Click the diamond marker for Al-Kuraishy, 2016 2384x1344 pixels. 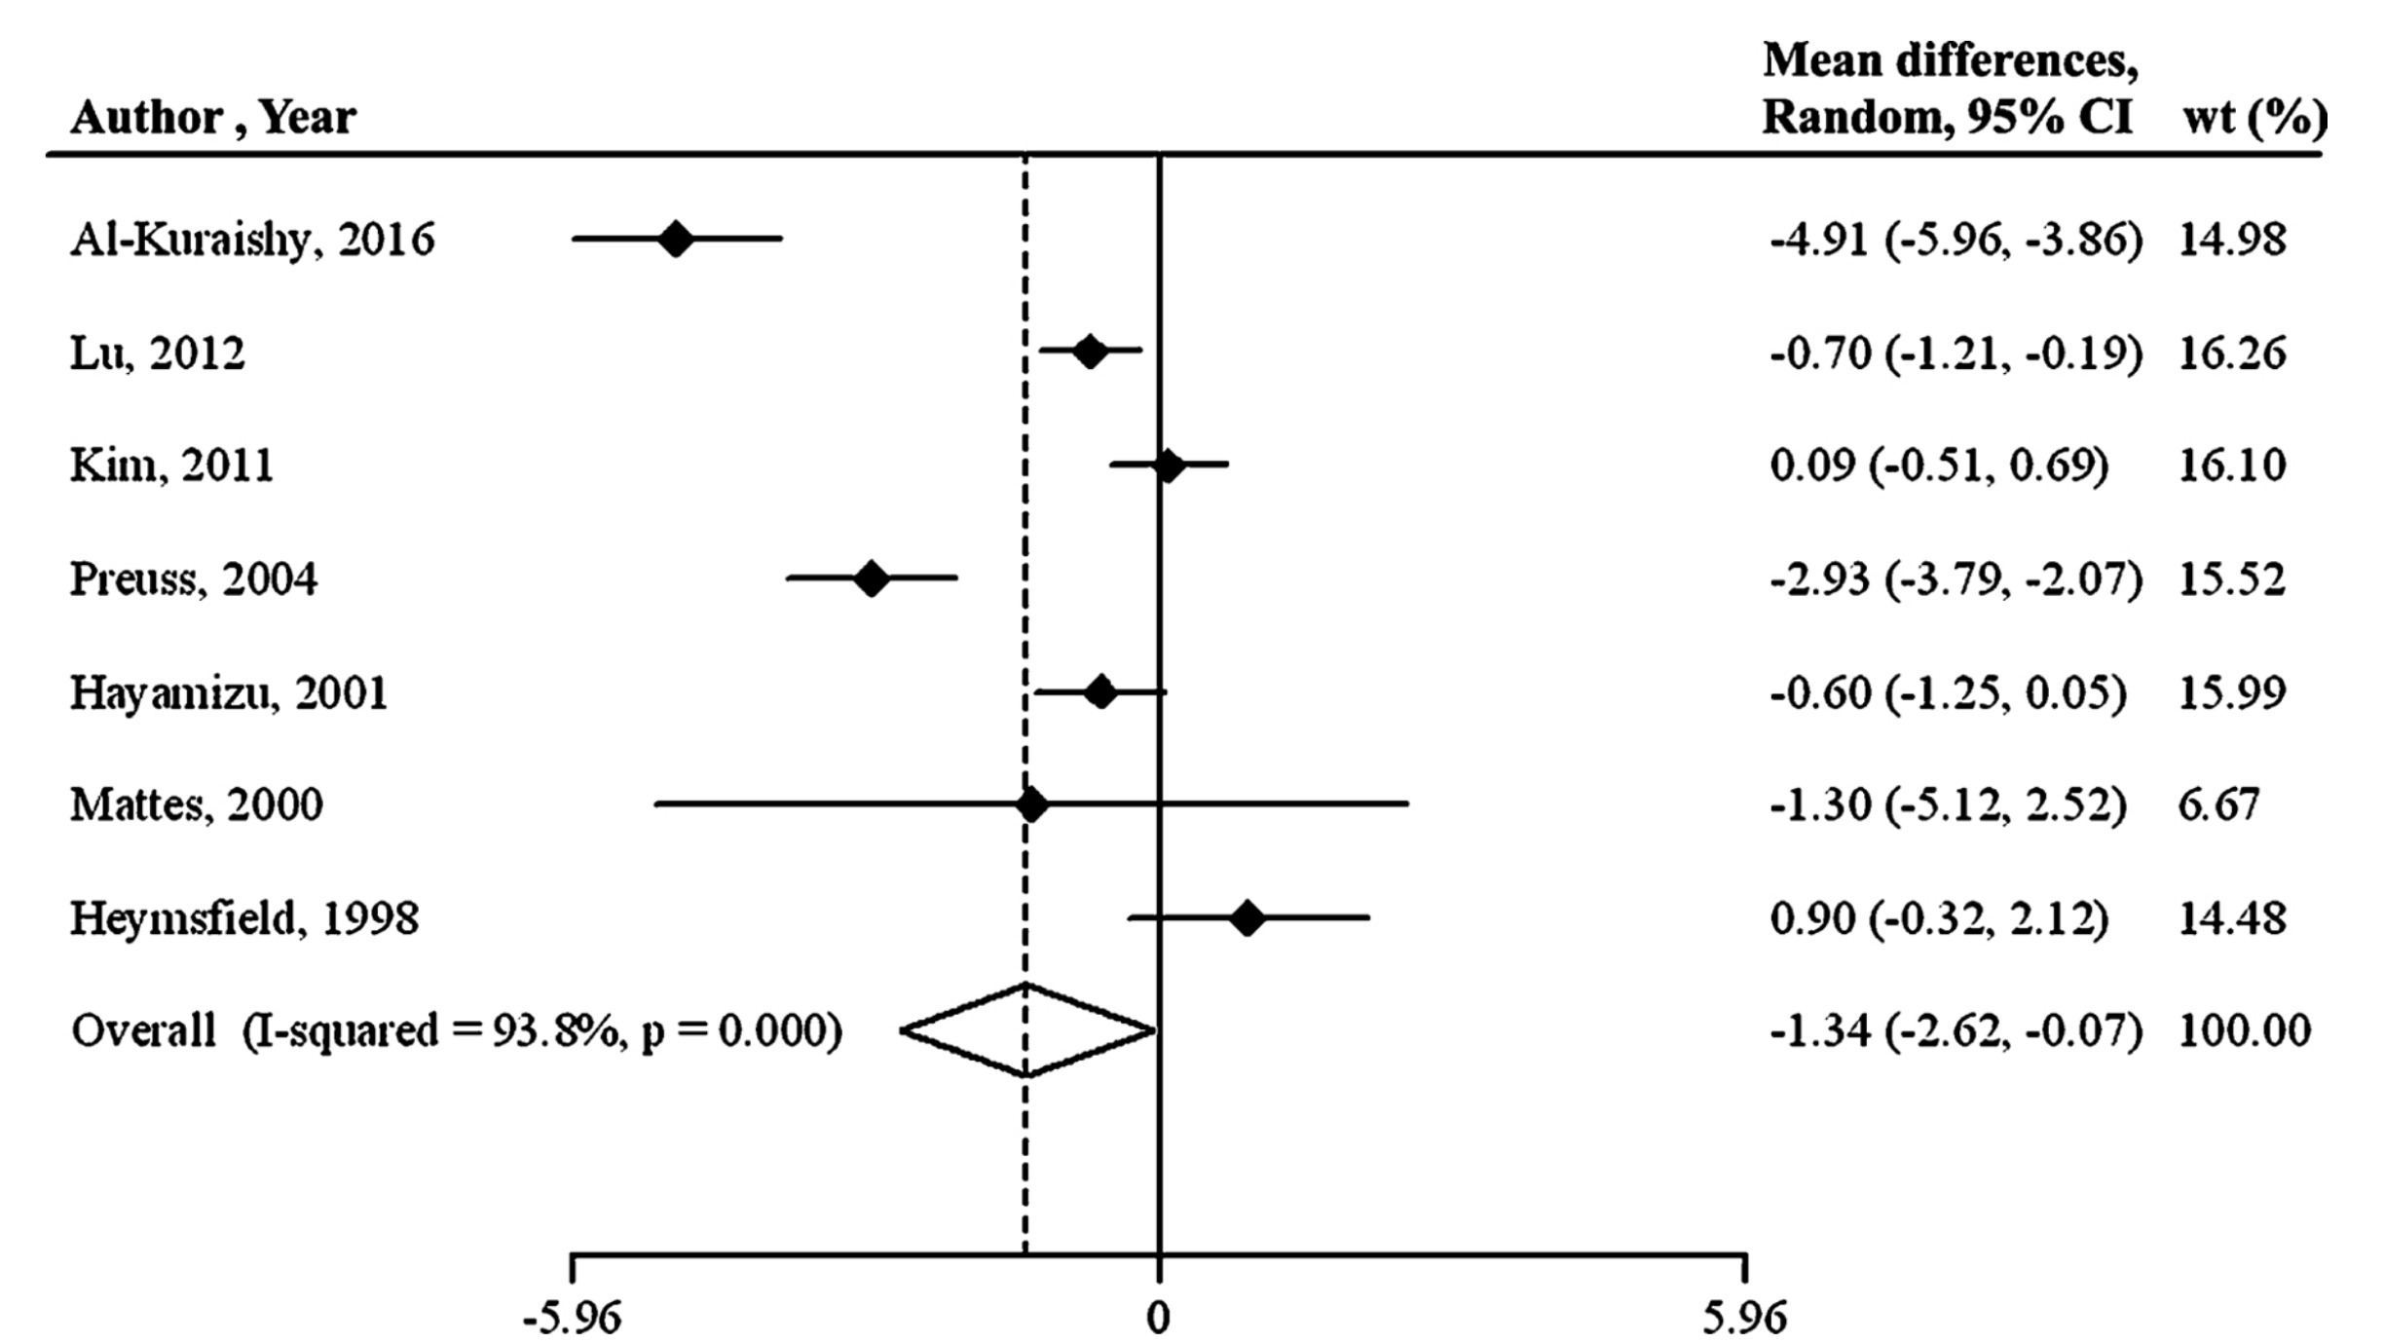pos(676,238)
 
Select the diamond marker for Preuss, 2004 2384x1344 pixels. pos(872,579)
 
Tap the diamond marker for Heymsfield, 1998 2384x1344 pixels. pos(1247,918)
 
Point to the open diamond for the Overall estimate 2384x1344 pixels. pos(1027,1030)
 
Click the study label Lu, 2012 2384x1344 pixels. pos(157,353)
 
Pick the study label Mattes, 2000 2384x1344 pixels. pos(196,805)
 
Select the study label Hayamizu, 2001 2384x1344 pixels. pos(229,692)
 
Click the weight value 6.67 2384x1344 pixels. pos(2217,805)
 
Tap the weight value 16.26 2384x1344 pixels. pos(2231,353)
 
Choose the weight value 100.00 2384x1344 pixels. pos(2244,1030)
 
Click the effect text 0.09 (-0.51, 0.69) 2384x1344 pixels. pos(1938,466)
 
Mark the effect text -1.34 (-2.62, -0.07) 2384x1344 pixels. pos(1956,1030)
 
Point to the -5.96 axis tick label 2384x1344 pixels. pos(572,1319)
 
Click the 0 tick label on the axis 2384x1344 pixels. pos(1158,1319)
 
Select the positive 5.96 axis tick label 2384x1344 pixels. pos(1744,1319)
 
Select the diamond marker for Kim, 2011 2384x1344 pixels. pos(1168,466)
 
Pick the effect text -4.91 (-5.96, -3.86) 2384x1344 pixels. pos(1956,240)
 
